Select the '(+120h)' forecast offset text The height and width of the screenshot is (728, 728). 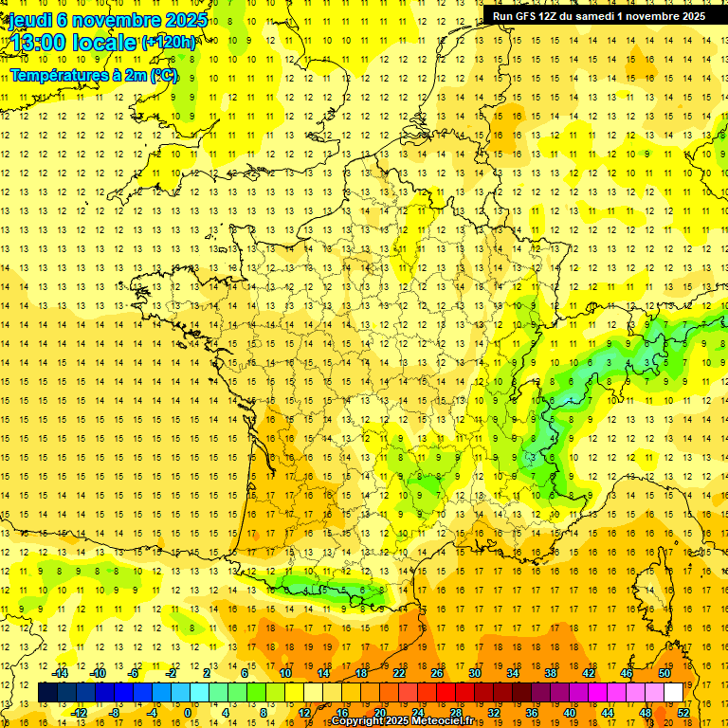169,42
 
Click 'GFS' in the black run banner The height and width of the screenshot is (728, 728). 527,16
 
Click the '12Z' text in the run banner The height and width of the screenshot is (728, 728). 553,16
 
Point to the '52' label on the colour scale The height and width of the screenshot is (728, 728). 683,713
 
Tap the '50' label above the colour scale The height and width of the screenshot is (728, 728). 664,673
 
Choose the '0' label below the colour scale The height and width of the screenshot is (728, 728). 187,713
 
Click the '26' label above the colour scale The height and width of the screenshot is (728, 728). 437,673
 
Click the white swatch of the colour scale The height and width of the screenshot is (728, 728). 673,693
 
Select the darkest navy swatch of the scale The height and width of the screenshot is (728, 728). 47,693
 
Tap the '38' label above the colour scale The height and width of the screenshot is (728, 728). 551,673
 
